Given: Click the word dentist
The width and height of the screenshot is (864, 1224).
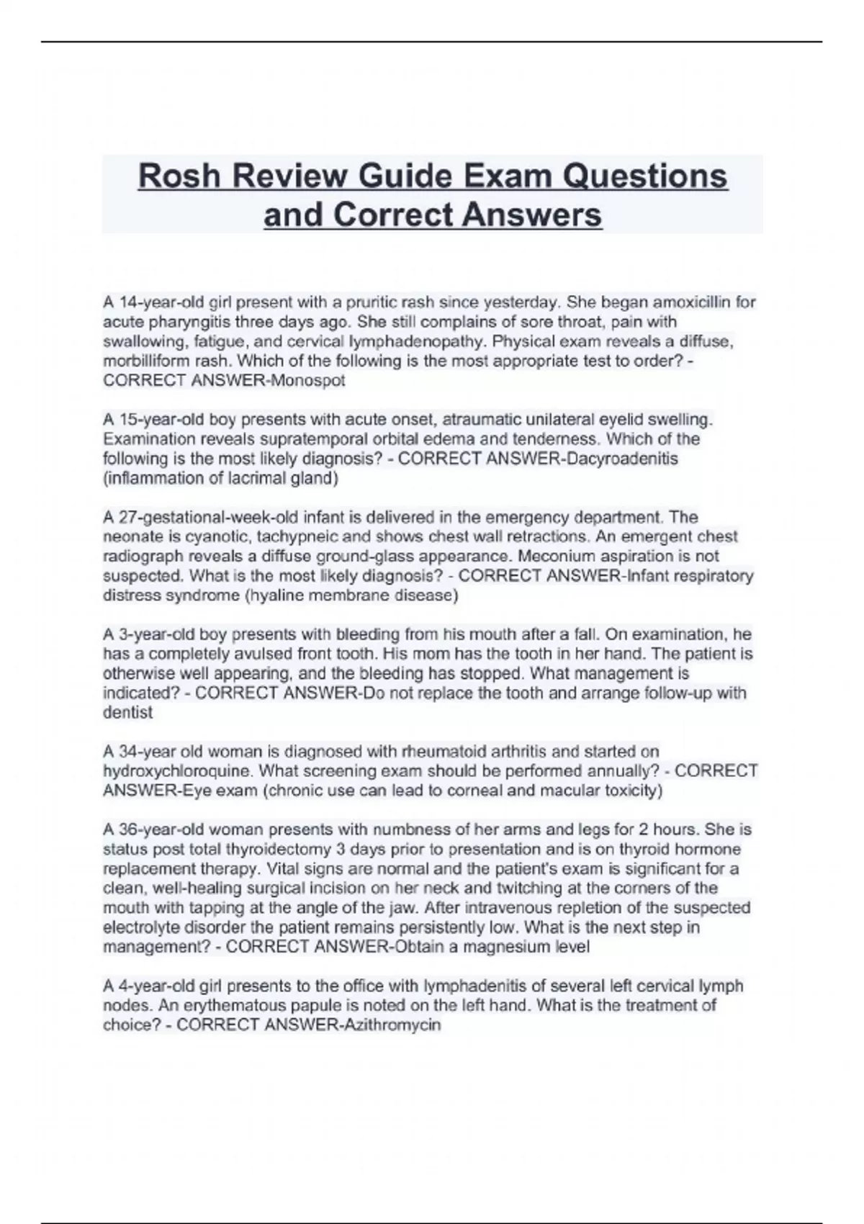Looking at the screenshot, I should point(127,713).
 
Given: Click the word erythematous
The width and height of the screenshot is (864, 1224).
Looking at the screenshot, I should point(210,1006).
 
